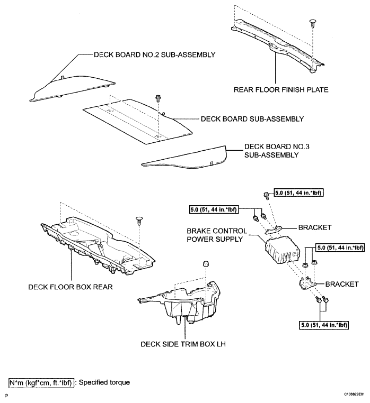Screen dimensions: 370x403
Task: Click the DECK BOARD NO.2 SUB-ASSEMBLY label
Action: [x=154, y=55]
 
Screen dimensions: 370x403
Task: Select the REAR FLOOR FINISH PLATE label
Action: [x=281, y=90]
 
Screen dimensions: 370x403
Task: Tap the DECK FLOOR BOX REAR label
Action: [x=71, y=287]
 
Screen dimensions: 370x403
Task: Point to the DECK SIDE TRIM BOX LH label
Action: [x=183, y=344]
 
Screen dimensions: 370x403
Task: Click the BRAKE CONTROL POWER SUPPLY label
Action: [x=217, y=235]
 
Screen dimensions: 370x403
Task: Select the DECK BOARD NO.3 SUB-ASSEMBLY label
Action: [x=277, y=151]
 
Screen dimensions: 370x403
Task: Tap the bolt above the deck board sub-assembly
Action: [x=157, y=98]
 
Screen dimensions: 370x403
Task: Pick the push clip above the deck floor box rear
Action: [x=139, y=221]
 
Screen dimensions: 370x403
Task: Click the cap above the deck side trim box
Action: [x=205, y=263]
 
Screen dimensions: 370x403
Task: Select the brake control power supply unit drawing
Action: [x=283, y=250]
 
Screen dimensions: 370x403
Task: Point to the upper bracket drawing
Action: [x=274, y=230]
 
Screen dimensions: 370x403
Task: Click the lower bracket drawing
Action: [x=307, y=283]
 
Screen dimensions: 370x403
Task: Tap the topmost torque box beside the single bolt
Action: [x=298, y=193]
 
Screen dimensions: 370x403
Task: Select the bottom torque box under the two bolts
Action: [x=324, y=325]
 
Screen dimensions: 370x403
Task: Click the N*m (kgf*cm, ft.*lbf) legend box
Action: [x=41, y=383]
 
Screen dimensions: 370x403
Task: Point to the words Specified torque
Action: [x=104, y=382]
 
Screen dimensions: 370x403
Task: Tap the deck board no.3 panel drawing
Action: [x=184, y=157]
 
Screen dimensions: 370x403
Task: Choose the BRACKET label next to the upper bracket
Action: [x=315, y=227]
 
